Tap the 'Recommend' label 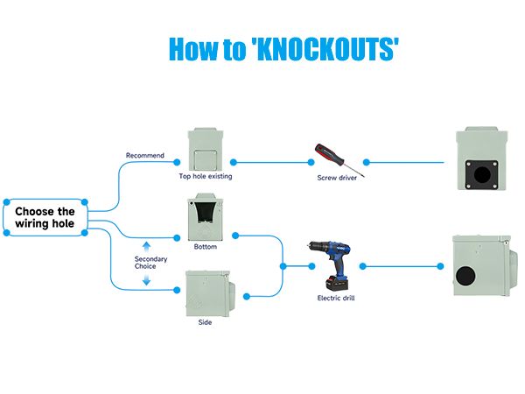click(144, 156)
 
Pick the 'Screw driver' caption click(338, 178)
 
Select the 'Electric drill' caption click(336, 299)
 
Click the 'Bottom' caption click(206, 247)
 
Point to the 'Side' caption click(205, 321)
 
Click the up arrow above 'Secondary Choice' click(146, 245)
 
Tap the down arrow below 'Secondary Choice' click(146, 280)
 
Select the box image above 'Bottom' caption click(206, 218)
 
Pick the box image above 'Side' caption click(207, 293)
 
